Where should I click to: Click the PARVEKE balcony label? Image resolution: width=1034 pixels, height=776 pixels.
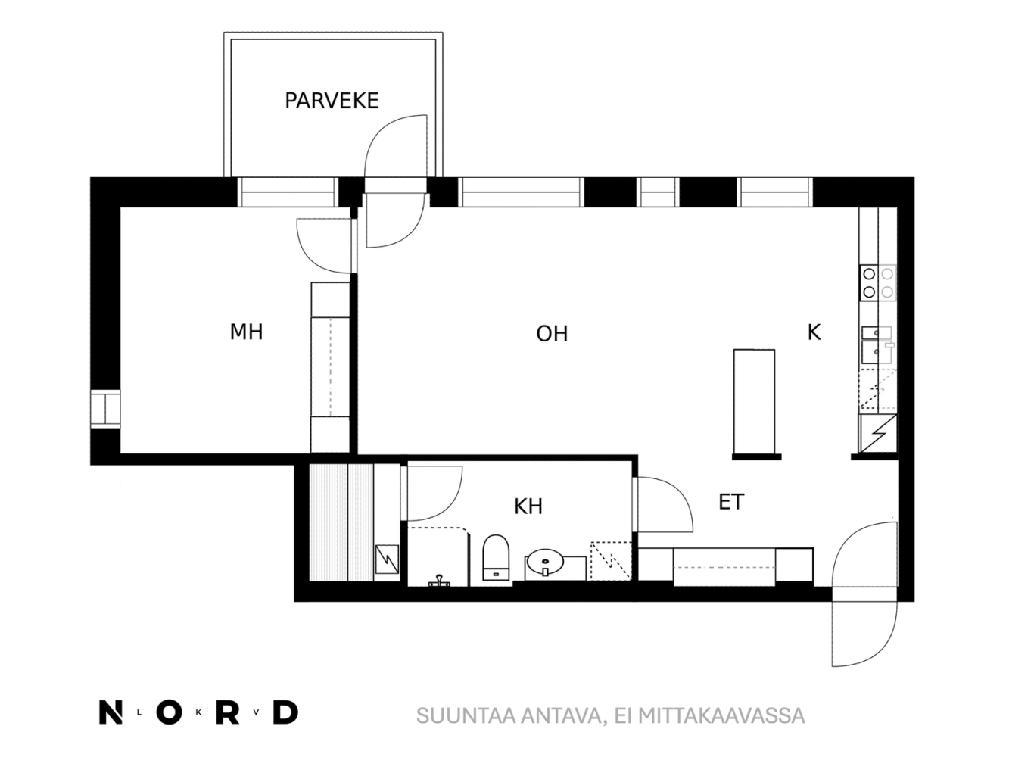tap(332, 101)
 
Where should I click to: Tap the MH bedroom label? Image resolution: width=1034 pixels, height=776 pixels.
tap(246, 332)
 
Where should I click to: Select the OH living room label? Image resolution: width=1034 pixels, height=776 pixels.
tap(552, 334)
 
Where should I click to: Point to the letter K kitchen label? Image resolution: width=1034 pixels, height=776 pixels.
tap(814, 332)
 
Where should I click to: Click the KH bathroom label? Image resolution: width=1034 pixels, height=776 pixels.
tap(528, 506)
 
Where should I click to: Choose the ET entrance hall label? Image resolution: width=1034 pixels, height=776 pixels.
tap(731, 502)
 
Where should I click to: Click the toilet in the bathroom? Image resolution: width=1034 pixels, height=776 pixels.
tap(496, 557)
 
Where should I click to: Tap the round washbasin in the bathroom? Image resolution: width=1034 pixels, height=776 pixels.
tap(545, 561)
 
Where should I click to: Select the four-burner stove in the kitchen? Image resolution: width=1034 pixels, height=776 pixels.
tap(878, 282)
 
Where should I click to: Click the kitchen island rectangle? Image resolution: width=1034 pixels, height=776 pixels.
tap(754, 401)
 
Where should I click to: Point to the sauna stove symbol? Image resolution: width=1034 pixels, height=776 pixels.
tap(387, 559)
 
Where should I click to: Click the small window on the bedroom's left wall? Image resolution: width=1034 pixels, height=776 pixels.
tap(105, 409)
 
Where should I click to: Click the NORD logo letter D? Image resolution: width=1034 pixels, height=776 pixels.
tap(285, 712)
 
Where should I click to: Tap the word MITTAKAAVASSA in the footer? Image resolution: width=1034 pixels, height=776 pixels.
tap(721, 716)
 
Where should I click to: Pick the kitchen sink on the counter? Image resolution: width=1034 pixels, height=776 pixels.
tap(877, 345)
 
